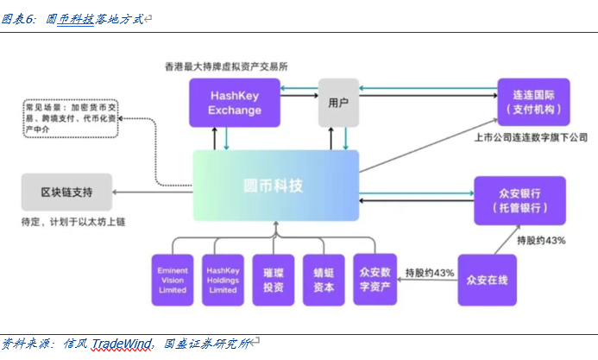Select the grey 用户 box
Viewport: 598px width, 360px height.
[338, 103]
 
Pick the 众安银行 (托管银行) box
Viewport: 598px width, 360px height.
[519, 200]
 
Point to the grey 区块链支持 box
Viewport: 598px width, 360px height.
[66, 191]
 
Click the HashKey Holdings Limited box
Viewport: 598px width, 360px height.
[223, 279]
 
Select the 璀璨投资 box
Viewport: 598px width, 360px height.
[274, 279]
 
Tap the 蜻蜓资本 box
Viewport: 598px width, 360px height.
[324, 279]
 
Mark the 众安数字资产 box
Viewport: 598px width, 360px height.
[375, 279]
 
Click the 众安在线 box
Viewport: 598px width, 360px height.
[488, 279]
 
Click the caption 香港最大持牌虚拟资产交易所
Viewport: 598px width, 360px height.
[226, 66]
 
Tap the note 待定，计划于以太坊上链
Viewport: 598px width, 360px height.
[73, 222]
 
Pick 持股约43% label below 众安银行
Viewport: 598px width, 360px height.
[540, 239]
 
